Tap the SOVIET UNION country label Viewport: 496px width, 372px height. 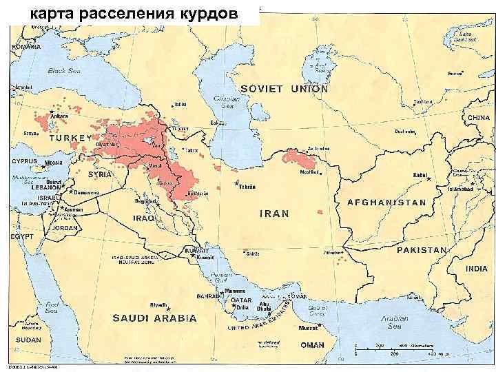pos(285,89)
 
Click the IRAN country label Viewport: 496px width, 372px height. pos(273,214)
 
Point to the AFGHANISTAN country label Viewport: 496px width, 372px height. pos(386,203)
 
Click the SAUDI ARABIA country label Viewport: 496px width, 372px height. pos(155,319)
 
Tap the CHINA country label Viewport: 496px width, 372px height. pos(478,118)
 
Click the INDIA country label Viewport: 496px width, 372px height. pos(476,268)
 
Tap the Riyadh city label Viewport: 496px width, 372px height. pos(159,303)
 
